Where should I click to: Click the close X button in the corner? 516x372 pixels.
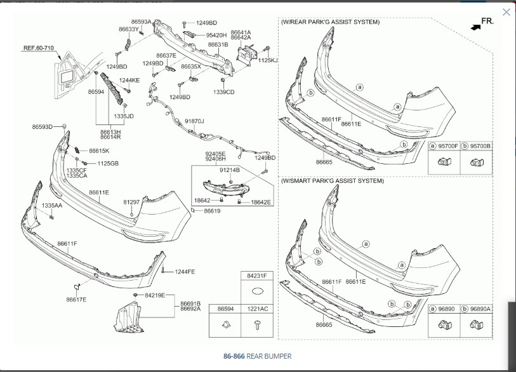(x=506, y=12)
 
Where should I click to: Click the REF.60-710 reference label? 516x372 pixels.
(x=39, y=48)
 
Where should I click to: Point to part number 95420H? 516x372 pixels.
(x=216, y=35)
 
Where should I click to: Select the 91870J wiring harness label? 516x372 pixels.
(x=194, y=121)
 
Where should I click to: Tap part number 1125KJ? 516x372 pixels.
(x=268, y=60)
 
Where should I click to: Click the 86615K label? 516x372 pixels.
(x=99, y=151)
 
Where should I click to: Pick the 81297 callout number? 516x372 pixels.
(x=131, y=202)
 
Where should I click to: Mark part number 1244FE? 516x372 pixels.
(x=185, y=272)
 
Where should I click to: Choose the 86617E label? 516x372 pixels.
(x=76, y=299)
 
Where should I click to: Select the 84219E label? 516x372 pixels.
(x=155, y=295)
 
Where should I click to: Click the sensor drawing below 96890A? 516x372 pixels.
(x=477, y=328)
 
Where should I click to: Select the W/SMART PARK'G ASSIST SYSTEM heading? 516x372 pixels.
(x=332, y=181)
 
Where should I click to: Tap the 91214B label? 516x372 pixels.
(x=229, y=170)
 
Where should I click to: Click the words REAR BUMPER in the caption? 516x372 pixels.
(x=269, y=357)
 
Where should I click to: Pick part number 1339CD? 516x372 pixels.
(x=224, y=92)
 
